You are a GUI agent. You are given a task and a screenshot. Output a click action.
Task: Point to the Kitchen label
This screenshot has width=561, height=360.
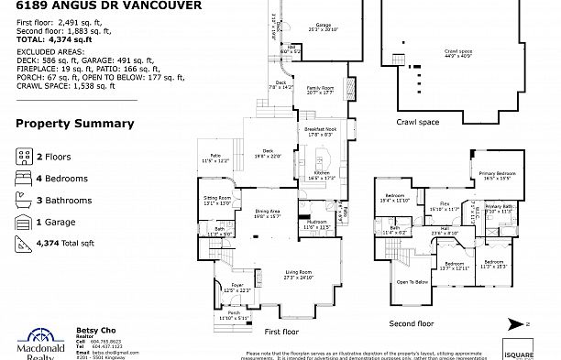click(x=322, y=170)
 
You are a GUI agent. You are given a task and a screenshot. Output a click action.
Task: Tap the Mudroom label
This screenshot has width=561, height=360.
click(x=317, y=222)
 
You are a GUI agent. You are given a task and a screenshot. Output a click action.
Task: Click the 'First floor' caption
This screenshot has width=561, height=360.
click(x=281, y=332)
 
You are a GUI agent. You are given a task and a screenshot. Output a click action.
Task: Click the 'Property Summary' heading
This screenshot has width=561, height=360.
click(x=74, y=124)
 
